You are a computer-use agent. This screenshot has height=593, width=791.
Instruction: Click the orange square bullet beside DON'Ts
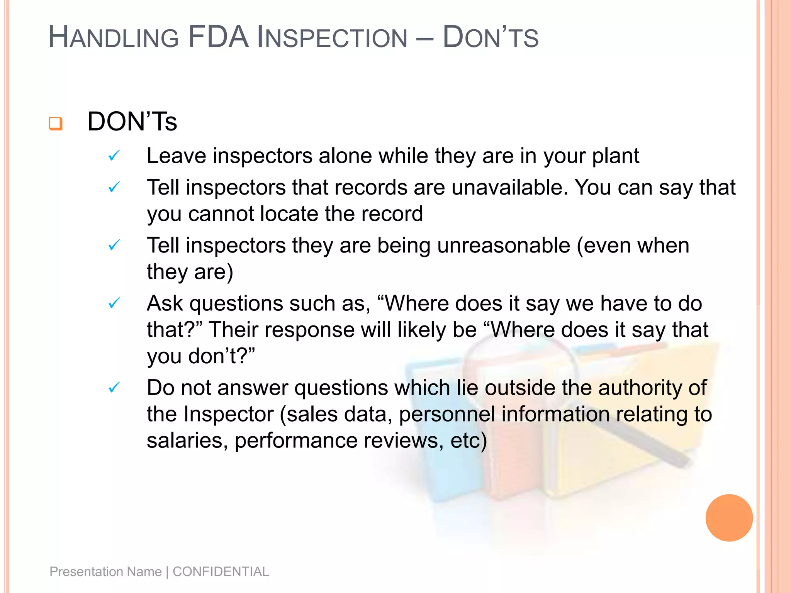click(x=56, y=124)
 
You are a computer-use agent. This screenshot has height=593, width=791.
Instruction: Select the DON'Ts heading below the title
click(x=132, y=122)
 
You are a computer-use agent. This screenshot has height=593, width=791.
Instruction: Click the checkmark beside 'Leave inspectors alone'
click(x=114, y=156)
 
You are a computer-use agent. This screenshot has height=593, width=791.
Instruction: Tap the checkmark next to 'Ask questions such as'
click(x=114, y=303)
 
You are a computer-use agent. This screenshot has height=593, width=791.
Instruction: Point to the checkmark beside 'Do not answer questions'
click(x=114, y=387)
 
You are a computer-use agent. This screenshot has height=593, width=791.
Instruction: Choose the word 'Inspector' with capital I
click(x=228, y=414)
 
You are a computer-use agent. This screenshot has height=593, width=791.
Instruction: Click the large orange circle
click(x=729, y=518)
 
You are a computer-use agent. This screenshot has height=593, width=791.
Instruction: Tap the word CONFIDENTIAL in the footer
click(x=221, y=571)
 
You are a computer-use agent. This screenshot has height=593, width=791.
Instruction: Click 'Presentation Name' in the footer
click(x=105, y=571)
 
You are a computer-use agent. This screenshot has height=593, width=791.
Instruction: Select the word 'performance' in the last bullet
click(x=296, y=441)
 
